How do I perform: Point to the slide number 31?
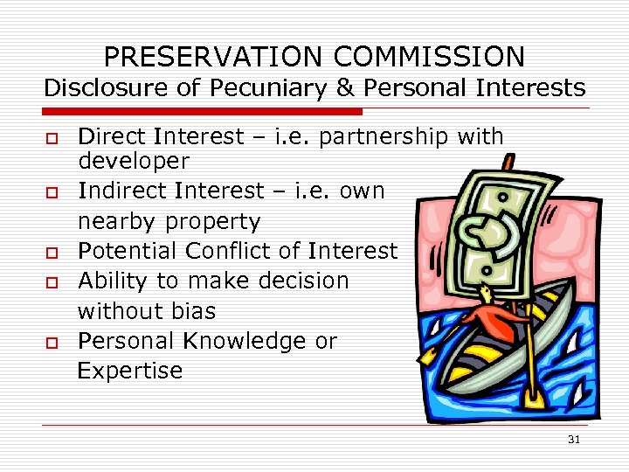coord(573,440)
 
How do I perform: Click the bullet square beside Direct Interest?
coord(52,138)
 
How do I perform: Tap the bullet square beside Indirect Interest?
coord(52,192)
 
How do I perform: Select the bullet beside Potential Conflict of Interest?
coord(52,253)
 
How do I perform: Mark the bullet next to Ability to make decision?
coord(52,282)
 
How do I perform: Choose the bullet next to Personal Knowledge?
coord(52,343)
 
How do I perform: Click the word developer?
coord(133,161)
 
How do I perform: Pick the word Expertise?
coord(130,371)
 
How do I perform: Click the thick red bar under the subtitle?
coord(201,112)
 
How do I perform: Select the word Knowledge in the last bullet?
coord(246,342)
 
